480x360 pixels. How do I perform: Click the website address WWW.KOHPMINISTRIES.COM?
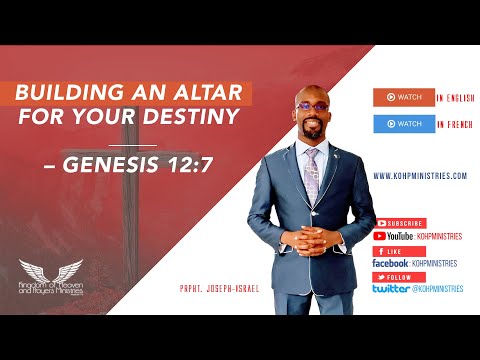coord(419,175)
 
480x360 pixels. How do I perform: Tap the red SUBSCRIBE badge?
coord(399,223)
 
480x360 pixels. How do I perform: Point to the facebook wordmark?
coord(389,263)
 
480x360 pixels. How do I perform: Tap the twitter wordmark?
coord(390,288)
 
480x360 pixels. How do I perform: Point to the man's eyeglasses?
coord(311,105)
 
